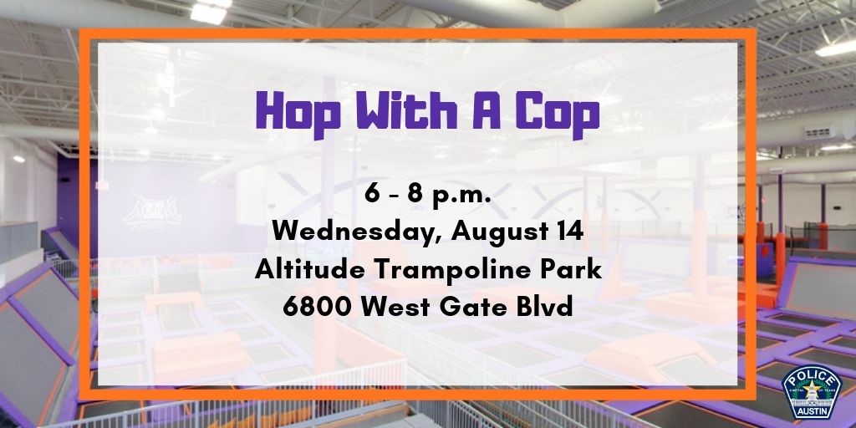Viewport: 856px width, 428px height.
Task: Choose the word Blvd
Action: click(x=548, y=307)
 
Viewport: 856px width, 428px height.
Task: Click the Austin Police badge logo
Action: click(x=811, y=392)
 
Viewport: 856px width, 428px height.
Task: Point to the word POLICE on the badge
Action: click(x=811, y=377)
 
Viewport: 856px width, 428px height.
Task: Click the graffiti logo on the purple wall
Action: click(x=152, y=211)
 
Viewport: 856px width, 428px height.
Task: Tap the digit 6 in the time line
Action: click(x=372, y=195)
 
